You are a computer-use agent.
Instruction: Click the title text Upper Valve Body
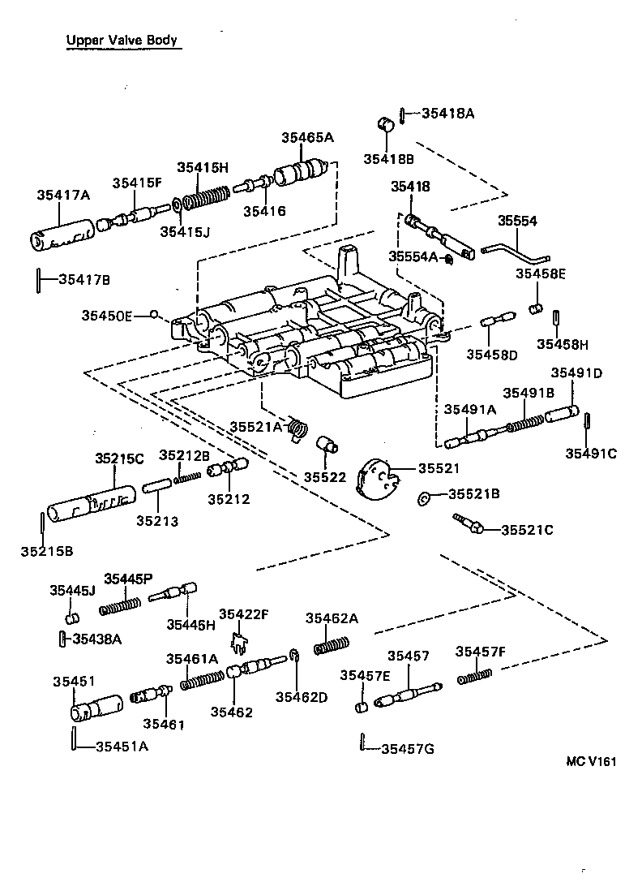[122, 40]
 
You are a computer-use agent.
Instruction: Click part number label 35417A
[62, 195]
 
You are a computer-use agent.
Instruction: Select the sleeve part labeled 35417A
[62, 232]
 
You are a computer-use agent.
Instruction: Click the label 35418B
[387, 158]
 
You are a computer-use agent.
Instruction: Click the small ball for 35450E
[154, 315]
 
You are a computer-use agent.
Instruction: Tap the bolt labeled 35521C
[469, 523]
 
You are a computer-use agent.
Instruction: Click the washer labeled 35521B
[423, 497]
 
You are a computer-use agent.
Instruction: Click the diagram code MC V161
[592, 761]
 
